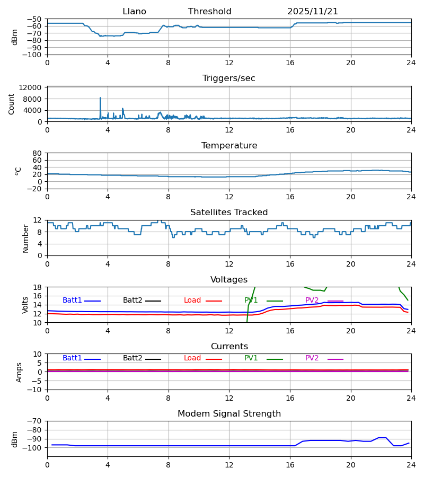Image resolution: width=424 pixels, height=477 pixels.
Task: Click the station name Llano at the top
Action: [x=134, y=12]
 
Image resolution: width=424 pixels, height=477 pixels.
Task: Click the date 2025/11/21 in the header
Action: [x=313, y=12]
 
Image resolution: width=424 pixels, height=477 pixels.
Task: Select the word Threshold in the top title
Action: [x=209, y=12]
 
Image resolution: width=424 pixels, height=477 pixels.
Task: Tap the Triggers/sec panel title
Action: [x=228, y=78]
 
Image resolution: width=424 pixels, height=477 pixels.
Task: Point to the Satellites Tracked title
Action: [x=228, y=213]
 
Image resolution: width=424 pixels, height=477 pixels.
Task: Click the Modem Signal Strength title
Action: [x=228, y=414]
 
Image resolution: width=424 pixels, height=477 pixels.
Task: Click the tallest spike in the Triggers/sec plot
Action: [x=100, y=99]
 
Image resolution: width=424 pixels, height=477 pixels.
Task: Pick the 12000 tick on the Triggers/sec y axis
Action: [x=33, y=87]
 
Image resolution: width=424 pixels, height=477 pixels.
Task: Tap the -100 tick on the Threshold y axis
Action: [x=34, y=55]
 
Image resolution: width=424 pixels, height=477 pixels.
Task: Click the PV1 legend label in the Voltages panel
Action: [x=251, y=301]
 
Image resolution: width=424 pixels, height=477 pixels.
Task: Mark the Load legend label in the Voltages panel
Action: [x=192, y=301]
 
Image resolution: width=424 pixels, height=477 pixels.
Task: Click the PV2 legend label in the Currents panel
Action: [x=312, y=358]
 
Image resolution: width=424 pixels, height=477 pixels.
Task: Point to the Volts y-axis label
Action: [x=25, y=305]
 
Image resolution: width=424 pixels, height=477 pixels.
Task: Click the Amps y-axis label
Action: [x=20, y=372]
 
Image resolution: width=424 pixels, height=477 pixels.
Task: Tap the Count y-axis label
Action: [x=12, y=104]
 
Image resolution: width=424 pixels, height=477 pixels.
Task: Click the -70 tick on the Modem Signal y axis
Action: [x=34, y=421]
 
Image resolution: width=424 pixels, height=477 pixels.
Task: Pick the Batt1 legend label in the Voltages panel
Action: [x=72, y=301]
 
